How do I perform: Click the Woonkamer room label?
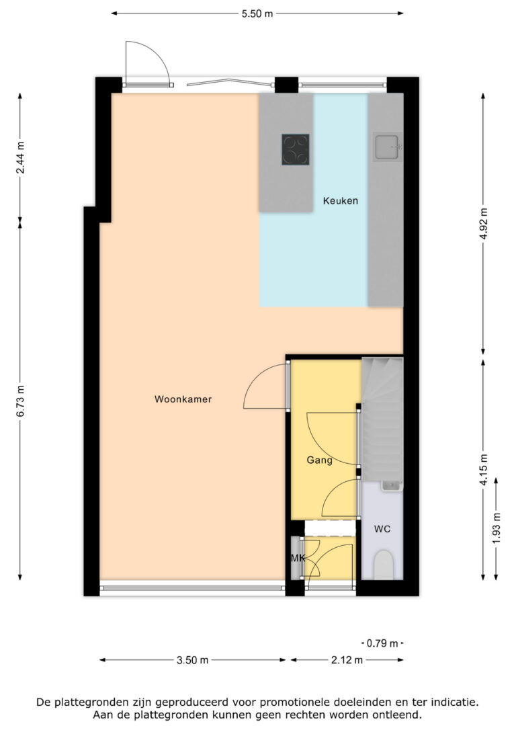(x=183, y=399)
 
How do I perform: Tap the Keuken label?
(x=340, y=201)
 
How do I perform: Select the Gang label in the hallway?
(x=319, y=460)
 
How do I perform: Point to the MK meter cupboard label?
(x=297, y=559)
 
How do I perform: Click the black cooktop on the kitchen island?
(x=296, y=149)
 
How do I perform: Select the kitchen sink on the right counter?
(x=388, y=147)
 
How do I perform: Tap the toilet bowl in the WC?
(x=382, y=564)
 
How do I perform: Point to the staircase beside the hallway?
(x=382, y=417)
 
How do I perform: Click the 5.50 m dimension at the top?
(x=257, y=13)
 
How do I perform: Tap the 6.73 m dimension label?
(x=21, y=401)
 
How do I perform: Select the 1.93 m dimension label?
(x=497, y=529)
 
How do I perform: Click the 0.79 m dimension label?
(x=384, y=643)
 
